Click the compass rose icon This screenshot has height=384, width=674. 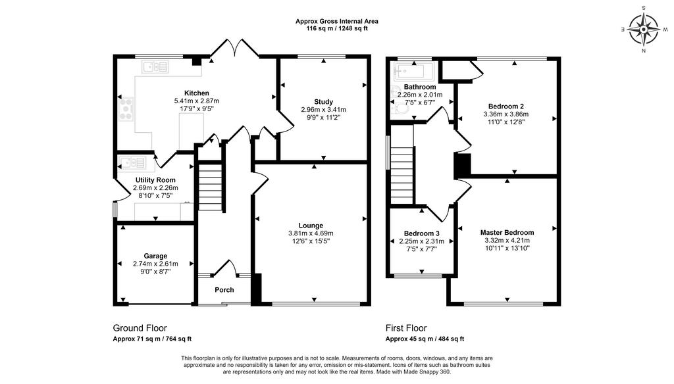click(644, 29)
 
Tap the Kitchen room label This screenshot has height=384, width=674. click(196, 93)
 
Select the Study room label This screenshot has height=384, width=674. click(323, 102)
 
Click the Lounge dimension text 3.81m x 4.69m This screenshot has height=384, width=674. click(311, 233)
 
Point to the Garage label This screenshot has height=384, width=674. click(155, 256)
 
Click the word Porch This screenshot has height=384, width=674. click(224, 290)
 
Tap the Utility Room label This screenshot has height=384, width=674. click(155, 180)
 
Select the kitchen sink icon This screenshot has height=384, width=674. click(155, 67)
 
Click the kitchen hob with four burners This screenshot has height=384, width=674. click(126, 109)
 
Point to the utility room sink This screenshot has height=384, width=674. click(132, 163)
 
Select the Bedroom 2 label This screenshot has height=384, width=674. click(506, 107)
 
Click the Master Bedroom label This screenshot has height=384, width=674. click(507, 233)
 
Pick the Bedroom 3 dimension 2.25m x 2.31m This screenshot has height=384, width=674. click(422, 242)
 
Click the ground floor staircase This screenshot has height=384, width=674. click(211, 186)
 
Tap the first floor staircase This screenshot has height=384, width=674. click(402, 175)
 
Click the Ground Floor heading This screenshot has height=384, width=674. click(140, 328)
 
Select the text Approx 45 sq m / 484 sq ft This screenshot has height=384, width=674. click(425, 339)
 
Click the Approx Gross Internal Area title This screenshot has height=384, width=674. click(336, 21)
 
